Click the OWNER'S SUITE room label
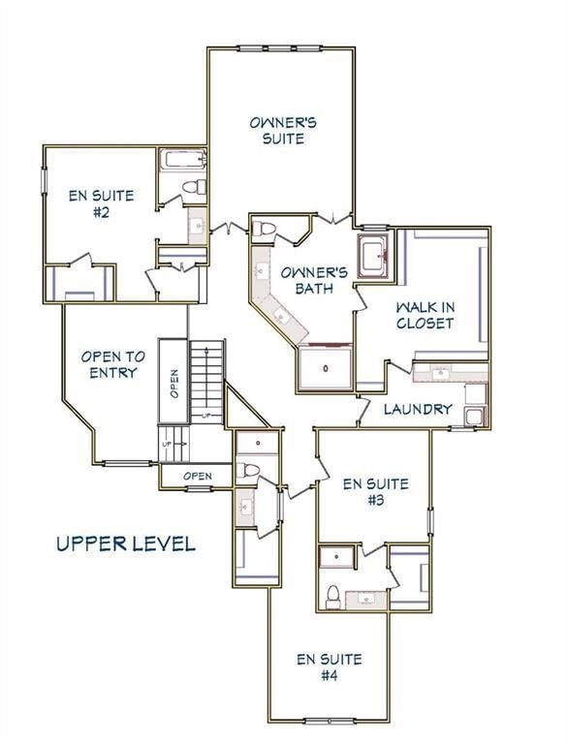tap(283, 131)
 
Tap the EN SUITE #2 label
tap(101, 203)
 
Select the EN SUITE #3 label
tap(376, 491)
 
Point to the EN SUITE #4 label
tap(330, 666)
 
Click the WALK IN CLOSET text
tap(425, 315)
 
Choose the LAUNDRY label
tap(418, 409)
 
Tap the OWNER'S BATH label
tap(314, 280)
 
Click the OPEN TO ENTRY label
tap(113, 364)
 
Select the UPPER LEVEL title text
tap(126, 543)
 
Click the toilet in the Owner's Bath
tap(264, 230)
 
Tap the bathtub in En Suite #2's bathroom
tap(182, 159)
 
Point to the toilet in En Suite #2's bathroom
tap(195, 186)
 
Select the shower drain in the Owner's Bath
tap(326, 368)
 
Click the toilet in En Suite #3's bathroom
tap(333, 597)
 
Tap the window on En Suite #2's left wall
tap(45, 180)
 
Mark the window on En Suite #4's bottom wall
tap(330, 722)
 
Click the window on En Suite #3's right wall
tap(430, 521)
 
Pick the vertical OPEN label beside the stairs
tap(174, 384)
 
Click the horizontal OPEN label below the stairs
tap(198, 476)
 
